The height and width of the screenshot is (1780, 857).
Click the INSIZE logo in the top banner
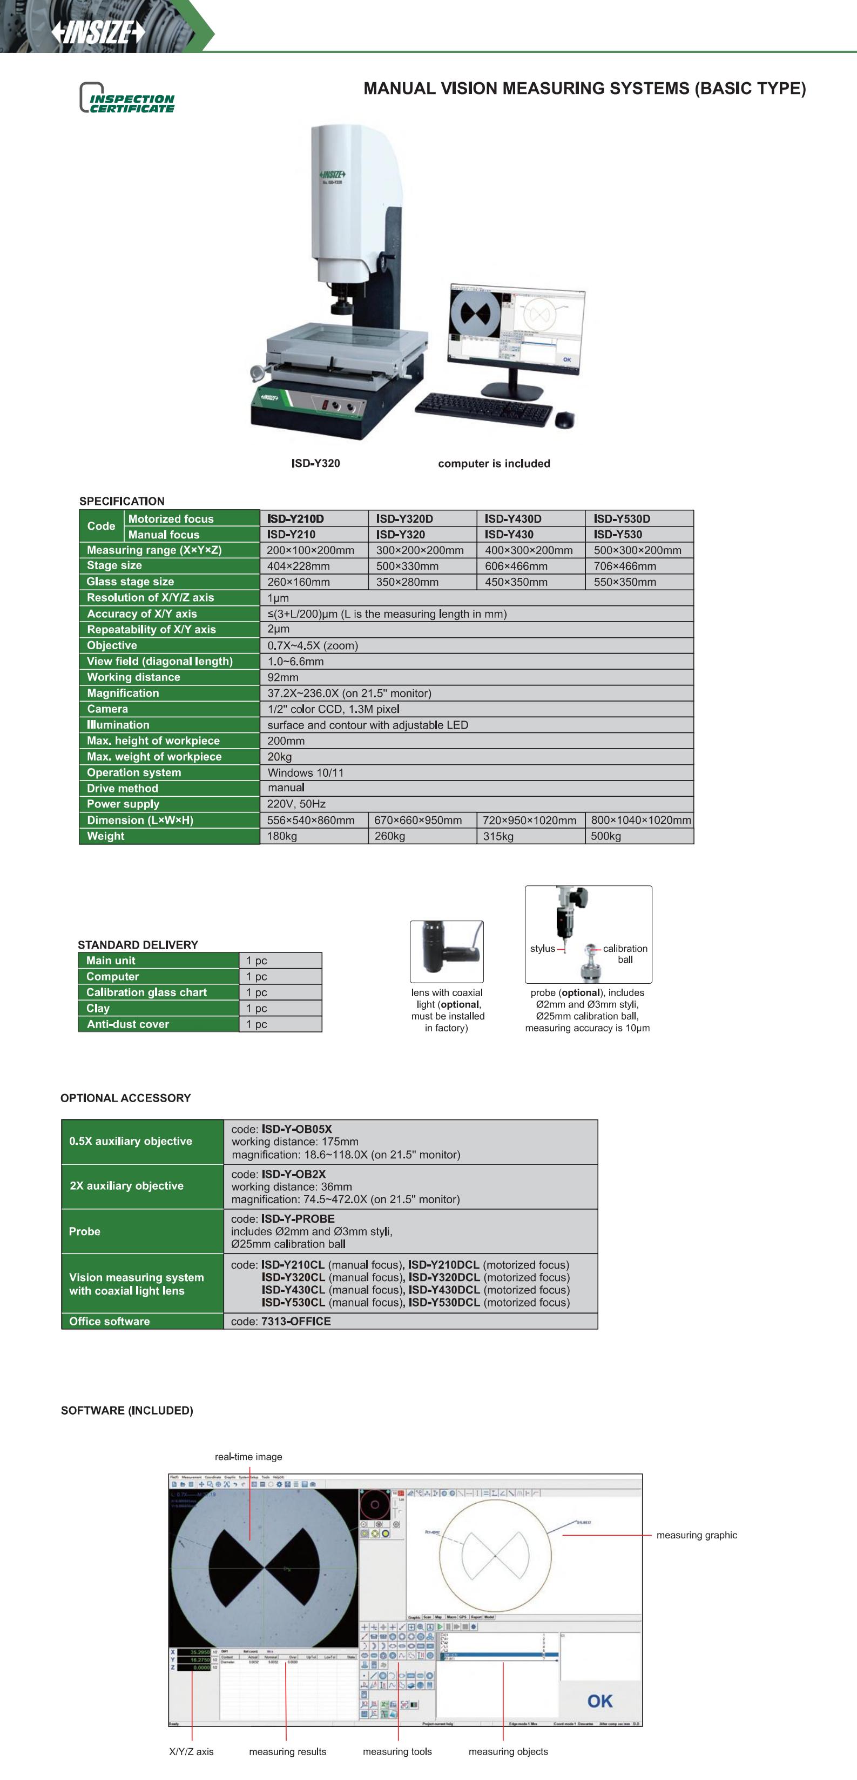point(98,31)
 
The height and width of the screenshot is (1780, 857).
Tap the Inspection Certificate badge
point(128,98)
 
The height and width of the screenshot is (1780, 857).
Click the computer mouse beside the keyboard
point(564,419)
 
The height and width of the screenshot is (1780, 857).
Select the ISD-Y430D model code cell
point(512,519)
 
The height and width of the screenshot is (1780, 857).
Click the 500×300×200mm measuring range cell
point(637,550)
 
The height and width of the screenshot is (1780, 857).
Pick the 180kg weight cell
point(282,836)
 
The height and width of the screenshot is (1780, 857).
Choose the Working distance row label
point(133,677)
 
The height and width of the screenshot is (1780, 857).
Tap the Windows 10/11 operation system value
point(305,772)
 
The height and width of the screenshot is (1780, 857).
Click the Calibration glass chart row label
point(146,992)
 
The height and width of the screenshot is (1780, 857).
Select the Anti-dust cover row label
point(128,1024)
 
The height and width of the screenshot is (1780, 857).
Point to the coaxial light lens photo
point(447,951)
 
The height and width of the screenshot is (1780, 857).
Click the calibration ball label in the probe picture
point(625,954)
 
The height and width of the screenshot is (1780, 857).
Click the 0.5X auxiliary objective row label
point(131,1141)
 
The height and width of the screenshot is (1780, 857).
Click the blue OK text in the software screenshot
point(599,1701)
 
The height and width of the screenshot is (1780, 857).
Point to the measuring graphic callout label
point(696,1535)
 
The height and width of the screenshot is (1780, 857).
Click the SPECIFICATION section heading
point(122,501)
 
